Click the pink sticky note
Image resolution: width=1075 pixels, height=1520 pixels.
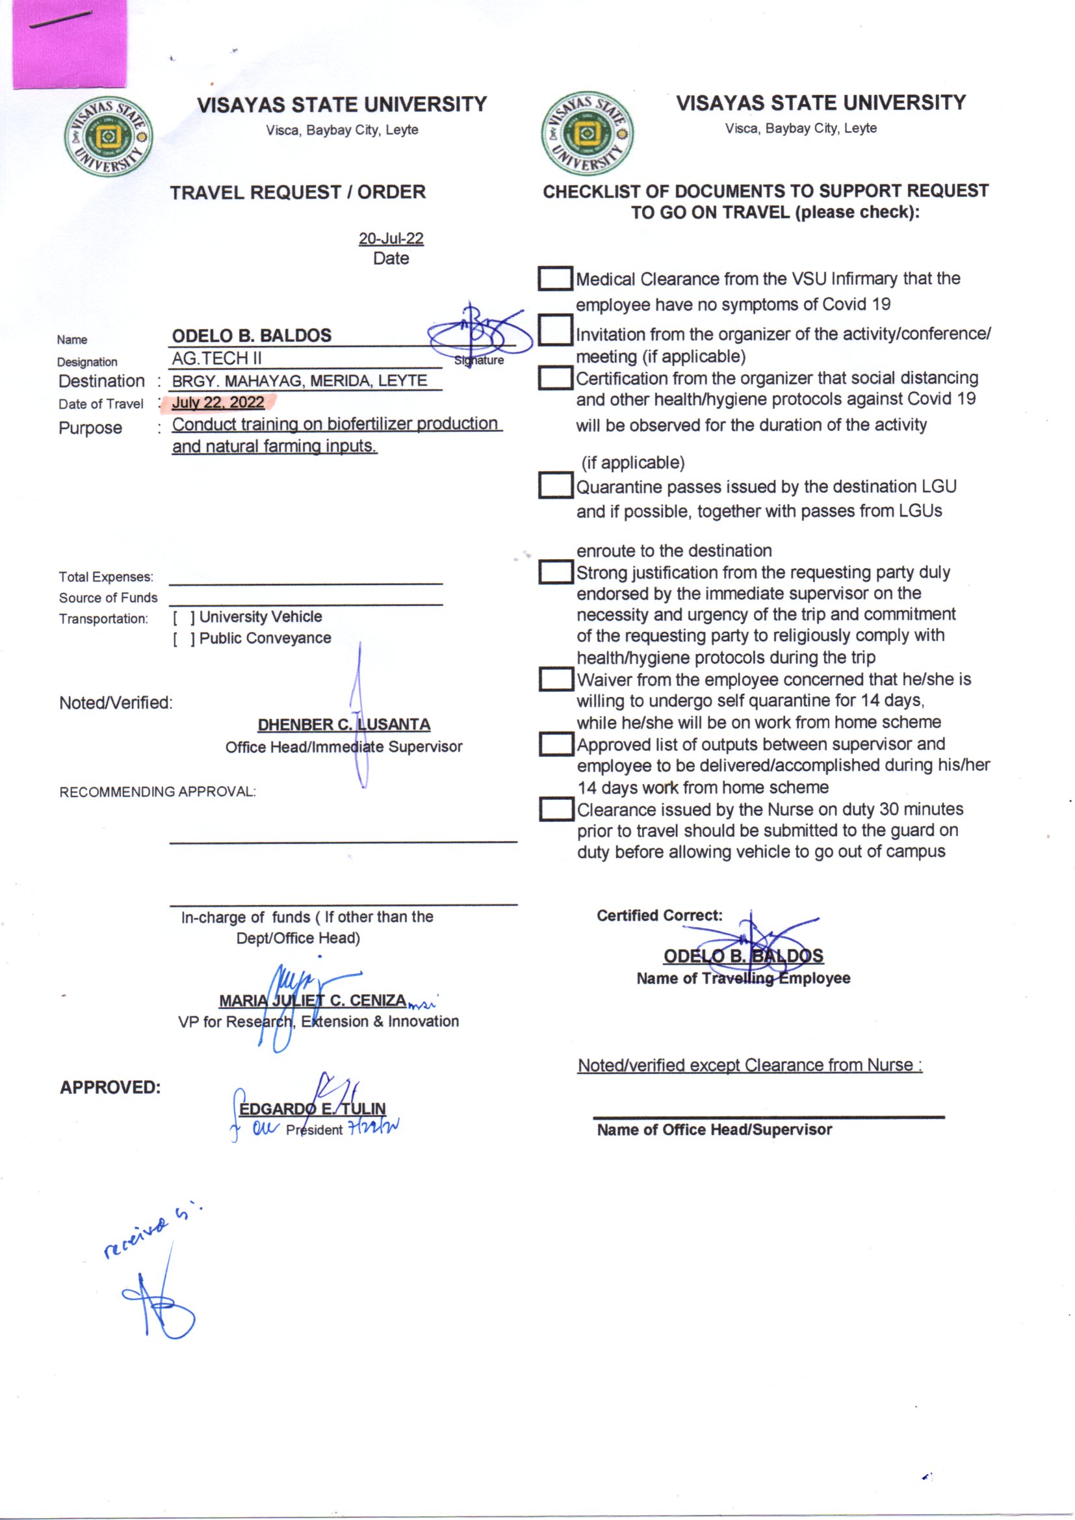(69, 44)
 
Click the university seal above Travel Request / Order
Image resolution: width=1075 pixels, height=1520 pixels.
(109, 137)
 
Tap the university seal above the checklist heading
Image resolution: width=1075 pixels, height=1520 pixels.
(586, 134)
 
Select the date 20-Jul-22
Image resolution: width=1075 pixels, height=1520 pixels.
(391, 239)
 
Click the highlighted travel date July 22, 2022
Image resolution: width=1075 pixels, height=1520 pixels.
(218, 402)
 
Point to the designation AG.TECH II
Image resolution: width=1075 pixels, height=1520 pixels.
(216, 358)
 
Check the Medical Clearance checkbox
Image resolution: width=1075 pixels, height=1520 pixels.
(554, 279)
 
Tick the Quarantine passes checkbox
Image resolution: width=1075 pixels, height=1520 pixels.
(554, 485)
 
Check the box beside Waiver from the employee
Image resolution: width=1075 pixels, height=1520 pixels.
(554, 679)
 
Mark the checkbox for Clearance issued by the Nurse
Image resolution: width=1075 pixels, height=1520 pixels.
(554, 809)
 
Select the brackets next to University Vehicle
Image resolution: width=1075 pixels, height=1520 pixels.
(184, 618)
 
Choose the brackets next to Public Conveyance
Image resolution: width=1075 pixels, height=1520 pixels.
(184, 639)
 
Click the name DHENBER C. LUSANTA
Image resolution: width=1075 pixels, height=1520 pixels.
(344, 724)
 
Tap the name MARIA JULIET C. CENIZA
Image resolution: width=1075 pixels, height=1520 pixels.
(313, 1000)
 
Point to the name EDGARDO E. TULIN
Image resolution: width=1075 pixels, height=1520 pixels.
(312, 1108)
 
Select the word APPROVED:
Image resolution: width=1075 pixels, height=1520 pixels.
(110, 1088)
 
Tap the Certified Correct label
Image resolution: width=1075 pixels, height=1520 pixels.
(659, 915)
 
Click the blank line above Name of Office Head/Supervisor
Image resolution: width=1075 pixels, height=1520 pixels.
(768, 1118)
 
